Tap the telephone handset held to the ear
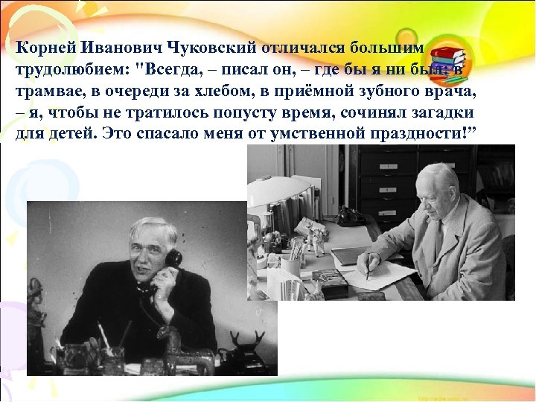[173, 261]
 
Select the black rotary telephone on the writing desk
[349, 215]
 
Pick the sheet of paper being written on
[387, 276]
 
